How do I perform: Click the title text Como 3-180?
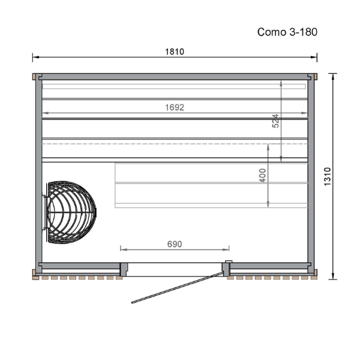287,32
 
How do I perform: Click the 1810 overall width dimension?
175,52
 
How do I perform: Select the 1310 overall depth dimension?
328,176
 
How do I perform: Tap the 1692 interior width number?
175,107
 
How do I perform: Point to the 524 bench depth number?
275,121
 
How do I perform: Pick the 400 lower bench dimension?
262,175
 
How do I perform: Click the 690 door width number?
175,244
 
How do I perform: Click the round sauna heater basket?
71,212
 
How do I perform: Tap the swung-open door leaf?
178,287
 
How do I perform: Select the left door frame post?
124,269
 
